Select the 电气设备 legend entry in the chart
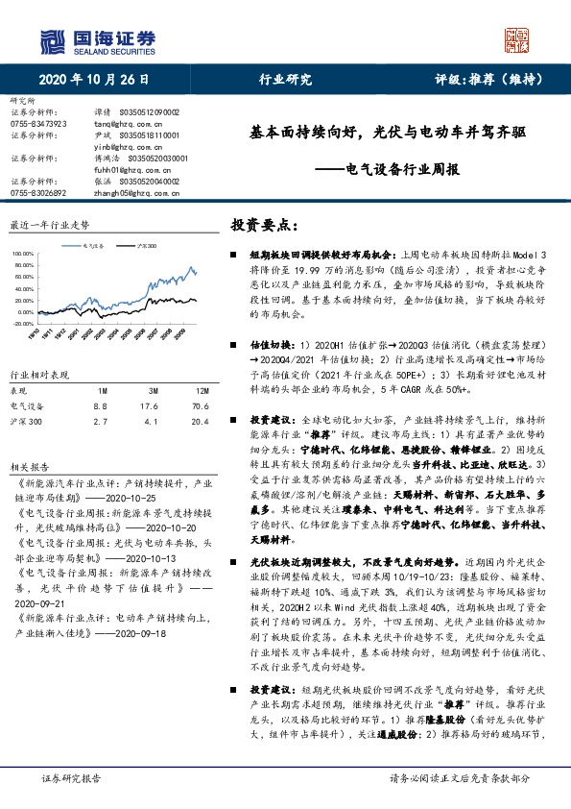tap(93, 246)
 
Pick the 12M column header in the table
tap(202, 391)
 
